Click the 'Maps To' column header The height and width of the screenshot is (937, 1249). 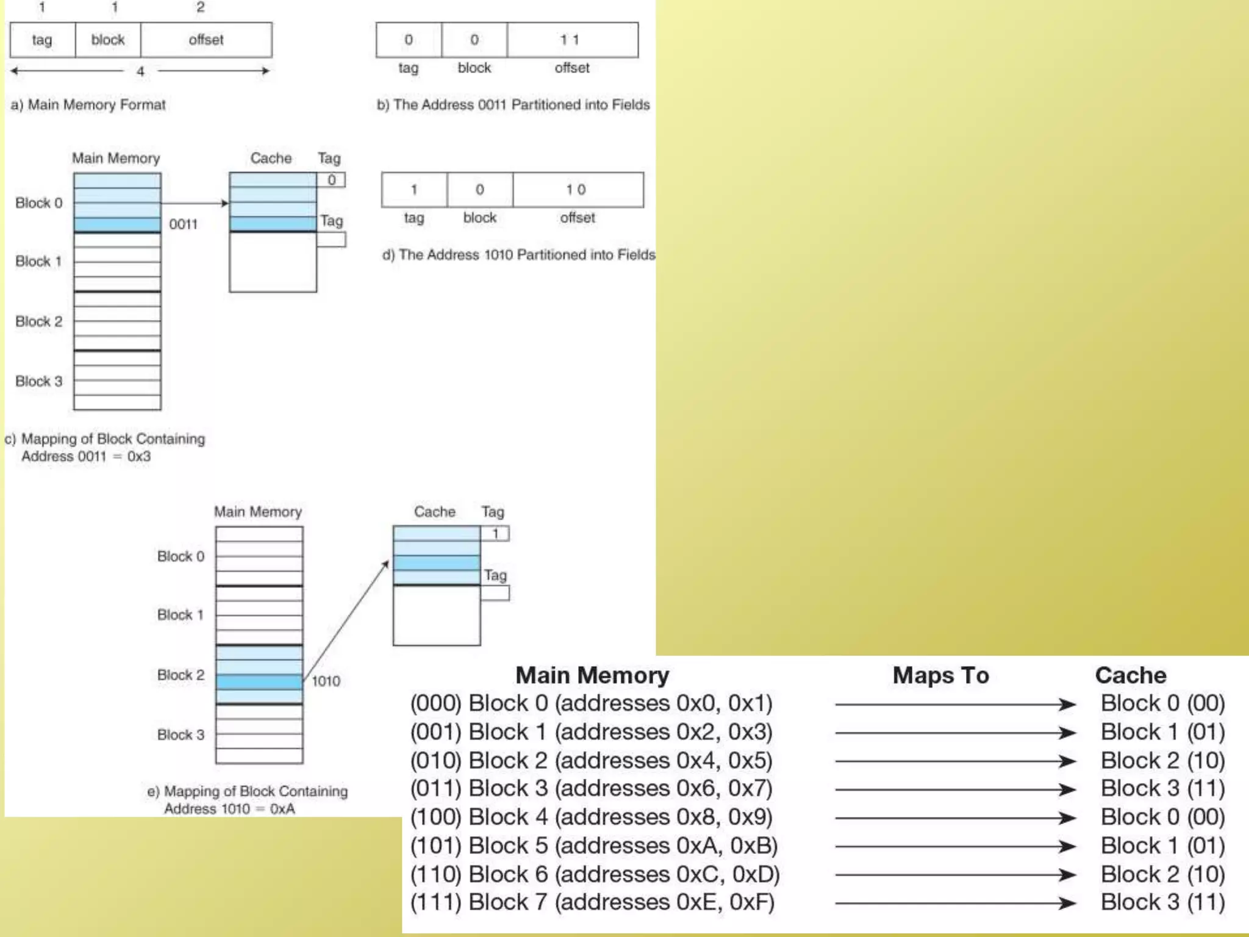click(940, 675)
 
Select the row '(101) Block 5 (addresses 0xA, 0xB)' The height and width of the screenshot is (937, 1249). click(593, 845)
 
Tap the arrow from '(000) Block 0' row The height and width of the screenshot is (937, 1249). click(954, 705)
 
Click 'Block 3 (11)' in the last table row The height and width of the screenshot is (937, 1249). click(1162, 902)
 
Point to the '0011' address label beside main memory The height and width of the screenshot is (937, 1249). click(183, 224)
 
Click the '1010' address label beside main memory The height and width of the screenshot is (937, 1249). click(326, 681)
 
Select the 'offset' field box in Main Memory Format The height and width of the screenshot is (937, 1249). click(206, 40)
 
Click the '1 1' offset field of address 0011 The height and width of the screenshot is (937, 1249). click(572, 40)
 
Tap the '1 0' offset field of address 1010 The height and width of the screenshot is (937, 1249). click(578, 190)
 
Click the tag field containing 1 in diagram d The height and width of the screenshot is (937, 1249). click(414, 190)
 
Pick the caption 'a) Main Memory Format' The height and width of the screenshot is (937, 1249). click(88, 105)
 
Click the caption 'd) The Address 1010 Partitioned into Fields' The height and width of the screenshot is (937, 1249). click(518, 255)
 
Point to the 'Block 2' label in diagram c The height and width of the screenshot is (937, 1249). click(38, 321)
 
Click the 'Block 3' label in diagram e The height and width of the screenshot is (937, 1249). click(181, 735)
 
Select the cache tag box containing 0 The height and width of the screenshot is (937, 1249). click(332, 180)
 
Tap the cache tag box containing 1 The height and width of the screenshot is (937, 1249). click(495, 534)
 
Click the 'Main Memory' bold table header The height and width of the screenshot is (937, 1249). click(592, 675)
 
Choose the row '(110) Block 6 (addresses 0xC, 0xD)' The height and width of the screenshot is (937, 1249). click(595, 874)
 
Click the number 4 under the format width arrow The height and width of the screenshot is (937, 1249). click(140, 71)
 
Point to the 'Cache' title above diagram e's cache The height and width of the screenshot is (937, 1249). click(434, 512)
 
